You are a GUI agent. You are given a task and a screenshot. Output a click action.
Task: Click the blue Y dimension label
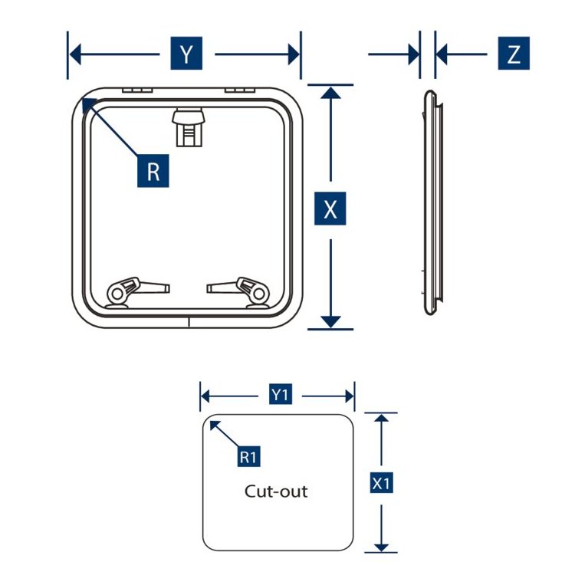tap(186, 53)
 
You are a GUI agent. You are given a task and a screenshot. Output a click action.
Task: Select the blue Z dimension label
tap(514, 53)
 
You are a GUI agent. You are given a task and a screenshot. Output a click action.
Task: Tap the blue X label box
tap(330, 209)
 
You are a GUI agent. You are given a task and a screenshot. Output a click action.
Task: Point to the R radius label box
tap(153, 171)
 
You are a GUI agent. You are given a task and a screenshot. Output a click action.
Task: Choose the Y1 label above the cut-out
tap(281, 394)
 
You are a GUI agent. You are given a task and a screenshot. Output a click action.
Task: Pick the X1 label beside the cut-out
tap(381, 482)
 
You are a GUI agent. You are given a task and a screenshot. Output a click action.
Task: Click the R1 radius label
tap(248, 456)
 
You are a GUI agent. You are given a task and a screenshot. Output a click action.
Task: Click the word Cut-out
tap(276, 491)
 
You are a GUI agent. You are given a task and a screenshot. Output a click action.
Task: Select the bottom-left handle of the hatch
tap(137, 292)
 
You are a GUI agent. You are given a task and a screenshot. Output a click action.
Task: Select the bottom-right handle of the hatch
tap(238, 292)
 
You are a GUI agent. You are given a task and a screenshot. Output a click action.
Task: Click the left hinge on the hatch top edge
tap(137, 90)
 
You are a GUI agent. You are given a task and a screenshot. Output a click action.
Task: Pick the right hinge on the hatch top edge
tap(240, 90)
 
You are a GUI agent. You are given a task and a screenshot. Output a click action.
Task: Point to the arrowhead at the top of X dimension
tap(330, 93)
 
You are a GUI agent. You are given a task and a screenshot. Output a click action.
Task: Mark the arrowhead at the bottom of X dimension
tap(330, 321)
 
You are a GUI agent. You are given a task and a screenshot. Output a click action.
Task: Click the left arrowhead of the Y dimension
tap(75, 54)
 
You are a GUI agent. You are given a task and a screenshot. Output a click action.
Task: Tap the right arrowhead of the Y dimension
tap(294, 54)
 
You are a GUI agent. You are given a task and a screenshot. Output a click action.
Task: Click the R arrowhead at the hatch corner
tap(89, 105)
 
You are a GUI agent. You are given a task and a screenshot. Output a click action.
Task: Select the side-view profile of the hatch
tap(432, 202)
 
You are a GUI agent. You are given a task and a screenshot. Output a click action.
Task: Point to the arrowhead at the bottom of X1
tap(381, 547)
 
